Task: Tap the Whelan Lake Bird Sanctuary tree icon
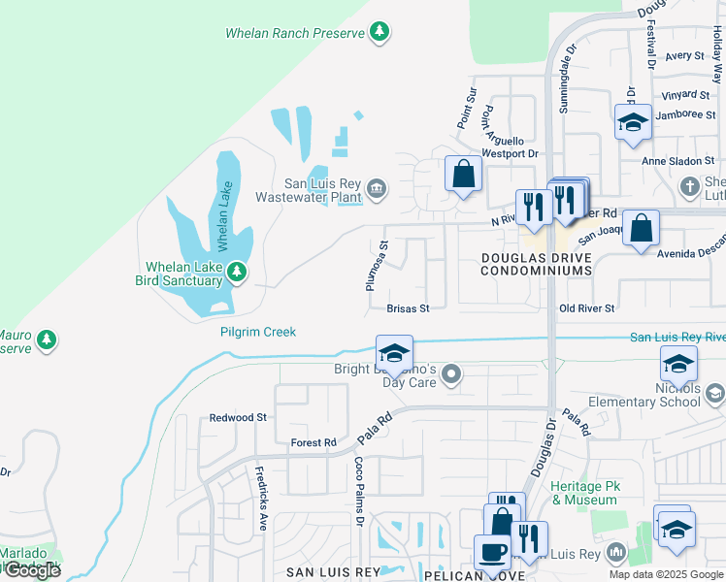[x=236, y=274]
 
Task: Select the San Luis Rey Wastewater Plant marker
[x=377, y=188]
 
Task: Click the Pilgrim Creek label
[x=257, y=332]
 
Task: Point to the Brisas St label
[x=408, y=308]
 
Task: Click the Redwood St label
[x=238, y=417]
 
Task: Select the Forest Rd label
[x=313, y=442]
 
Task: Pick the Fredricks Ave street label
[x=261, y=490]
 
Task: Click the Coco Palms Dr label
[x=358, y=492]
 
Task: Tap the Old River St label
[x=587, y=308]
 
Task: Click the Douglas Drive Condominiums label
[x=536, y=264]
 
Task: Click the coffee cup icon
[x=492, y=552]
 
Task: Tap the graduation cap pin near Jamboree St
[x=633, y=122]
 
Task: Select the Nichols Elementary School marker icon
[x=715, y=393]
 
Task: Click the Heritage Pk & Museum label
[x=583, y=493]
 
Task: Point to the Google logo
[x=32, y=570]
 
